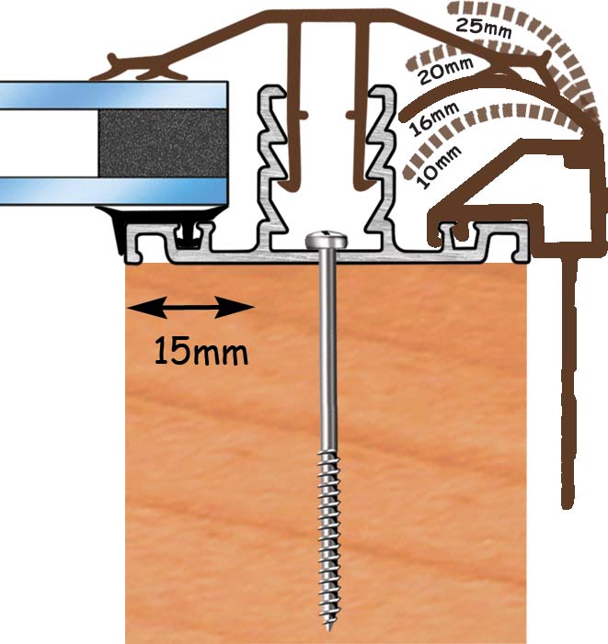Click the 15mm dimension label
coord(201,352)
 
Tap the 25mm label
coord(484,28)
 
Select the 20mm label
coord(446,70)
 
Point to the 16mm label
coord(433,119)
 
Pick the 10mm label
coord(439,167)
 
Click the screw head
coord(327,240)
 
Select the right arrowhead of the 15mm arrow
coord(235,307)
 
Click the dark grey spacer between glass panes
coord(163,143)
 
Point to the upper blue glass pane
coord(114,95)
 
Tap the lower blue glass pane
coord(114,191)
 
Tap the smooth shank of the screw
coord(327,349)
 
